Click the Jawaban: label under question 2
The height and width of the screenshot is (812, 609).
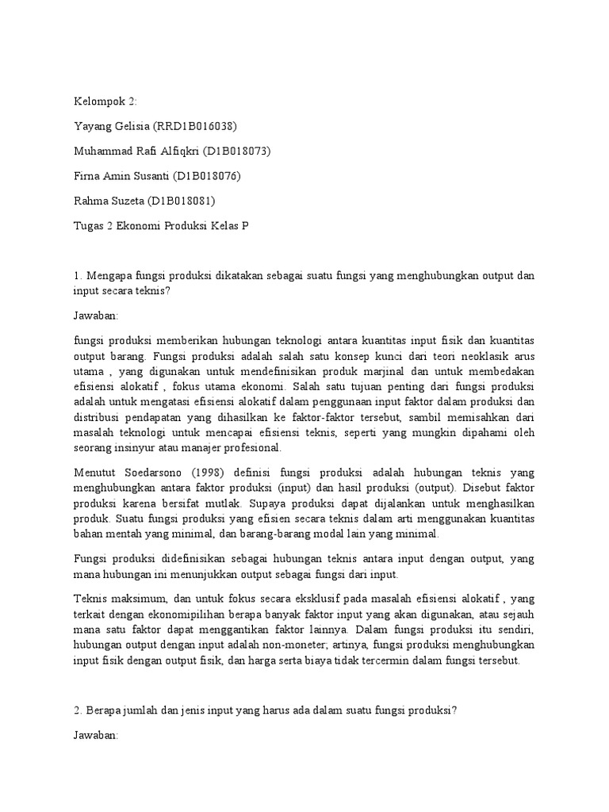(95, 735)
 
